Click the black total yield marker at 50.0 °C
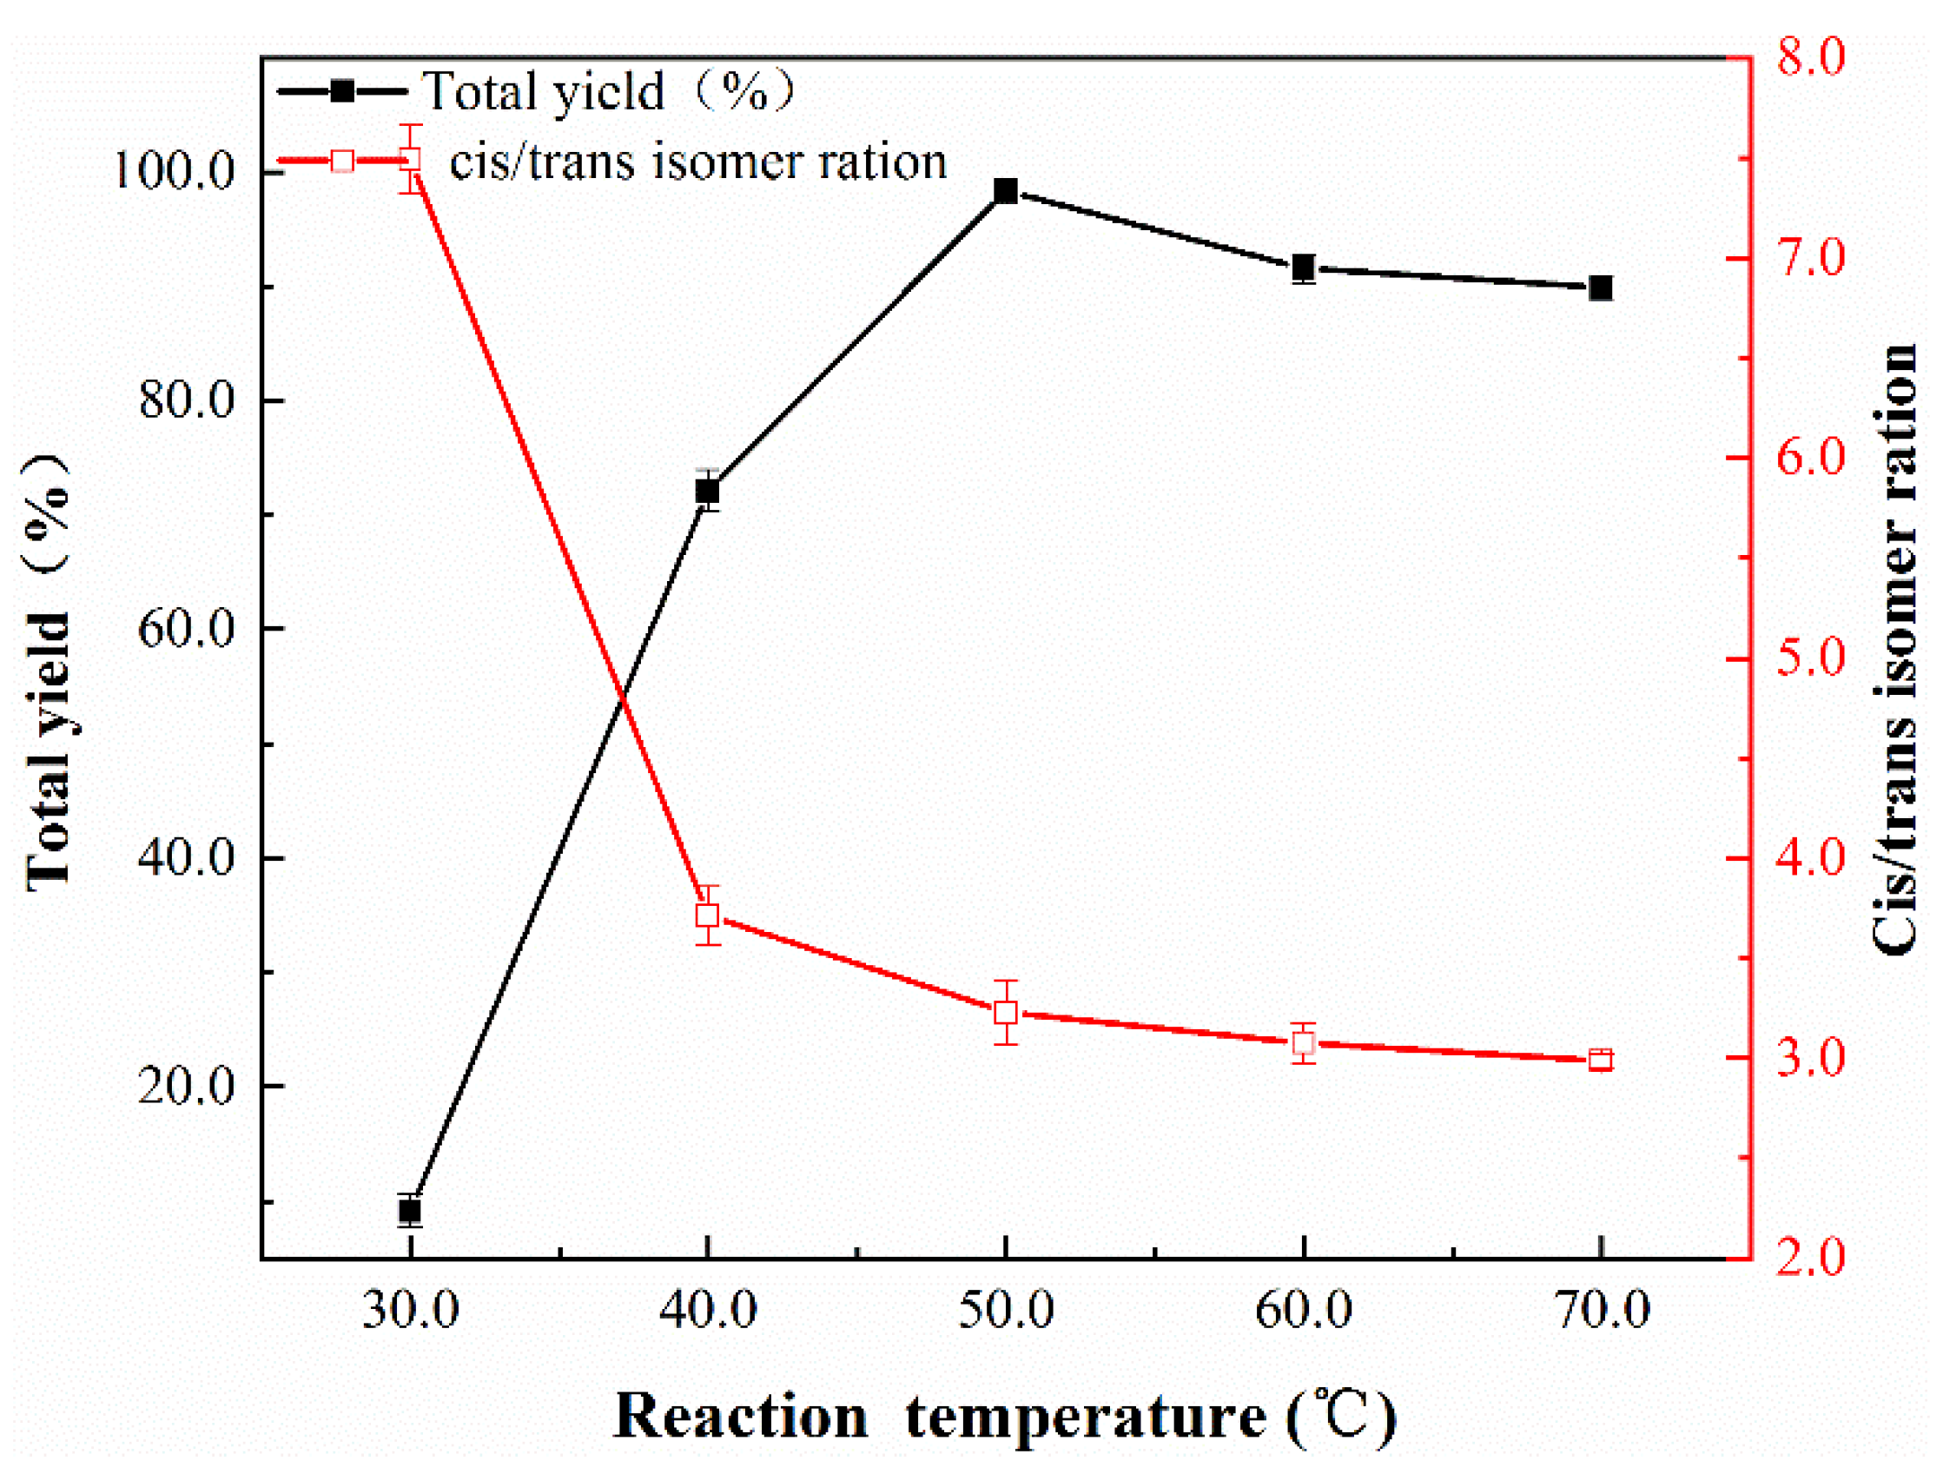1006,191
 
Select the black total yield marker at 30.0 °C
409,1212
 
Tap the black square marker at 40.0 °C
707,491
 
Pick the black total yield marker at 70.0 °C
1601,288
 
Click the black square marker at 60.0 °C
1304,267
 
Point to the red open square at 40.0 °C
707,915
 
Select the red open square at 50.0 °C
1006,1012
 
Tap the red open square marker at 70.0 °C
1601,1060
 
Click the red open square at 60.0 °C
1304,1043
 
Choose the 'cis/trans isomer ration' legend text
698,162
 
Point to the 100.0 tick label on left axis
175,170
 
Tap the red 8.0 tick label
1809,57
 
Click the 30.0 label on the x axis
410,1312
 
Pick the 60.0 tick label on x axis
1304,1312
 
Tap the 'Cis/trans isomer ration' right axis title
1895,650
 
